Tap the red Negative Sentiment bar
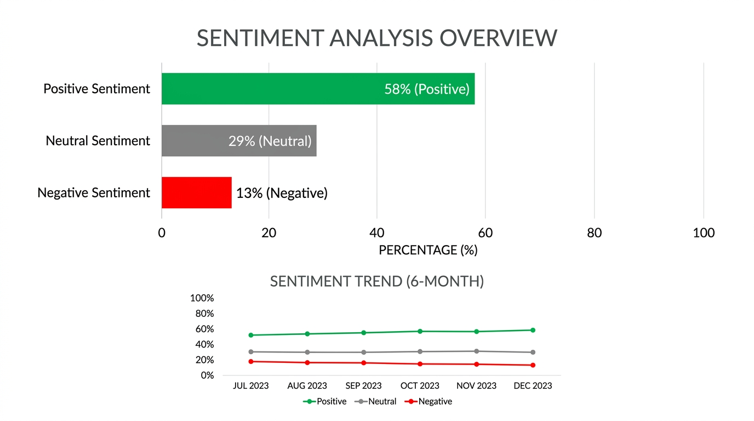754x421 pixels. [x=196, y=192]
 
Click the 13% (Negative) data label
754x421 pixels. [x=282, y=193]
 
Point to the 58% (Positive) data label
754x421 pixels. [x=427, y=89]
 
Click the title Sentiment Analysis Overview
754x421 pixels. [x=377, y=38]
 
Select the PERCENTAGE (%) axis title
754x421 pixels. [x=428, y=250]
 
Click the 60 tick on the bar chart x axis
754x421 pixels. [x=485, y=233]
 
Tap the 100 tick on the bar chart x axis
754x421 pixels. [x=704, y=233]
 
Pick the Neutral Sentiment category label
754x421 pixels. [x=98, y=141]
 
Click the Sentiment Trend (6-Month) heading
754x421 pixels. [x=377, y=281]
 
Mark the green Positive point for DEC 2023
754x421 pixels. [x=533, y=330]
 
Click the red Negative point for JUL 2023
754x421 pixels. [x=251, y=361]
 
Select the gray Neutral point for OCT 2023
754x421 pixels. [x=420, y=351]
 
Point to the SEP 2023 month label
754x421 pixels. [x=363, y=386]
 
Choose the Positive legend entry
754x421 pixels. [x=325, y=401]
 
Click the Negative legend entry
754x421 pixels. [x=429, y=401]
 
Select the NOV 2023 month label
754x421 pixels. [x=476, y=386]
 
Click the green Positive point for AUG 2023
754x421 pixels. [x=307, y=334]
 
